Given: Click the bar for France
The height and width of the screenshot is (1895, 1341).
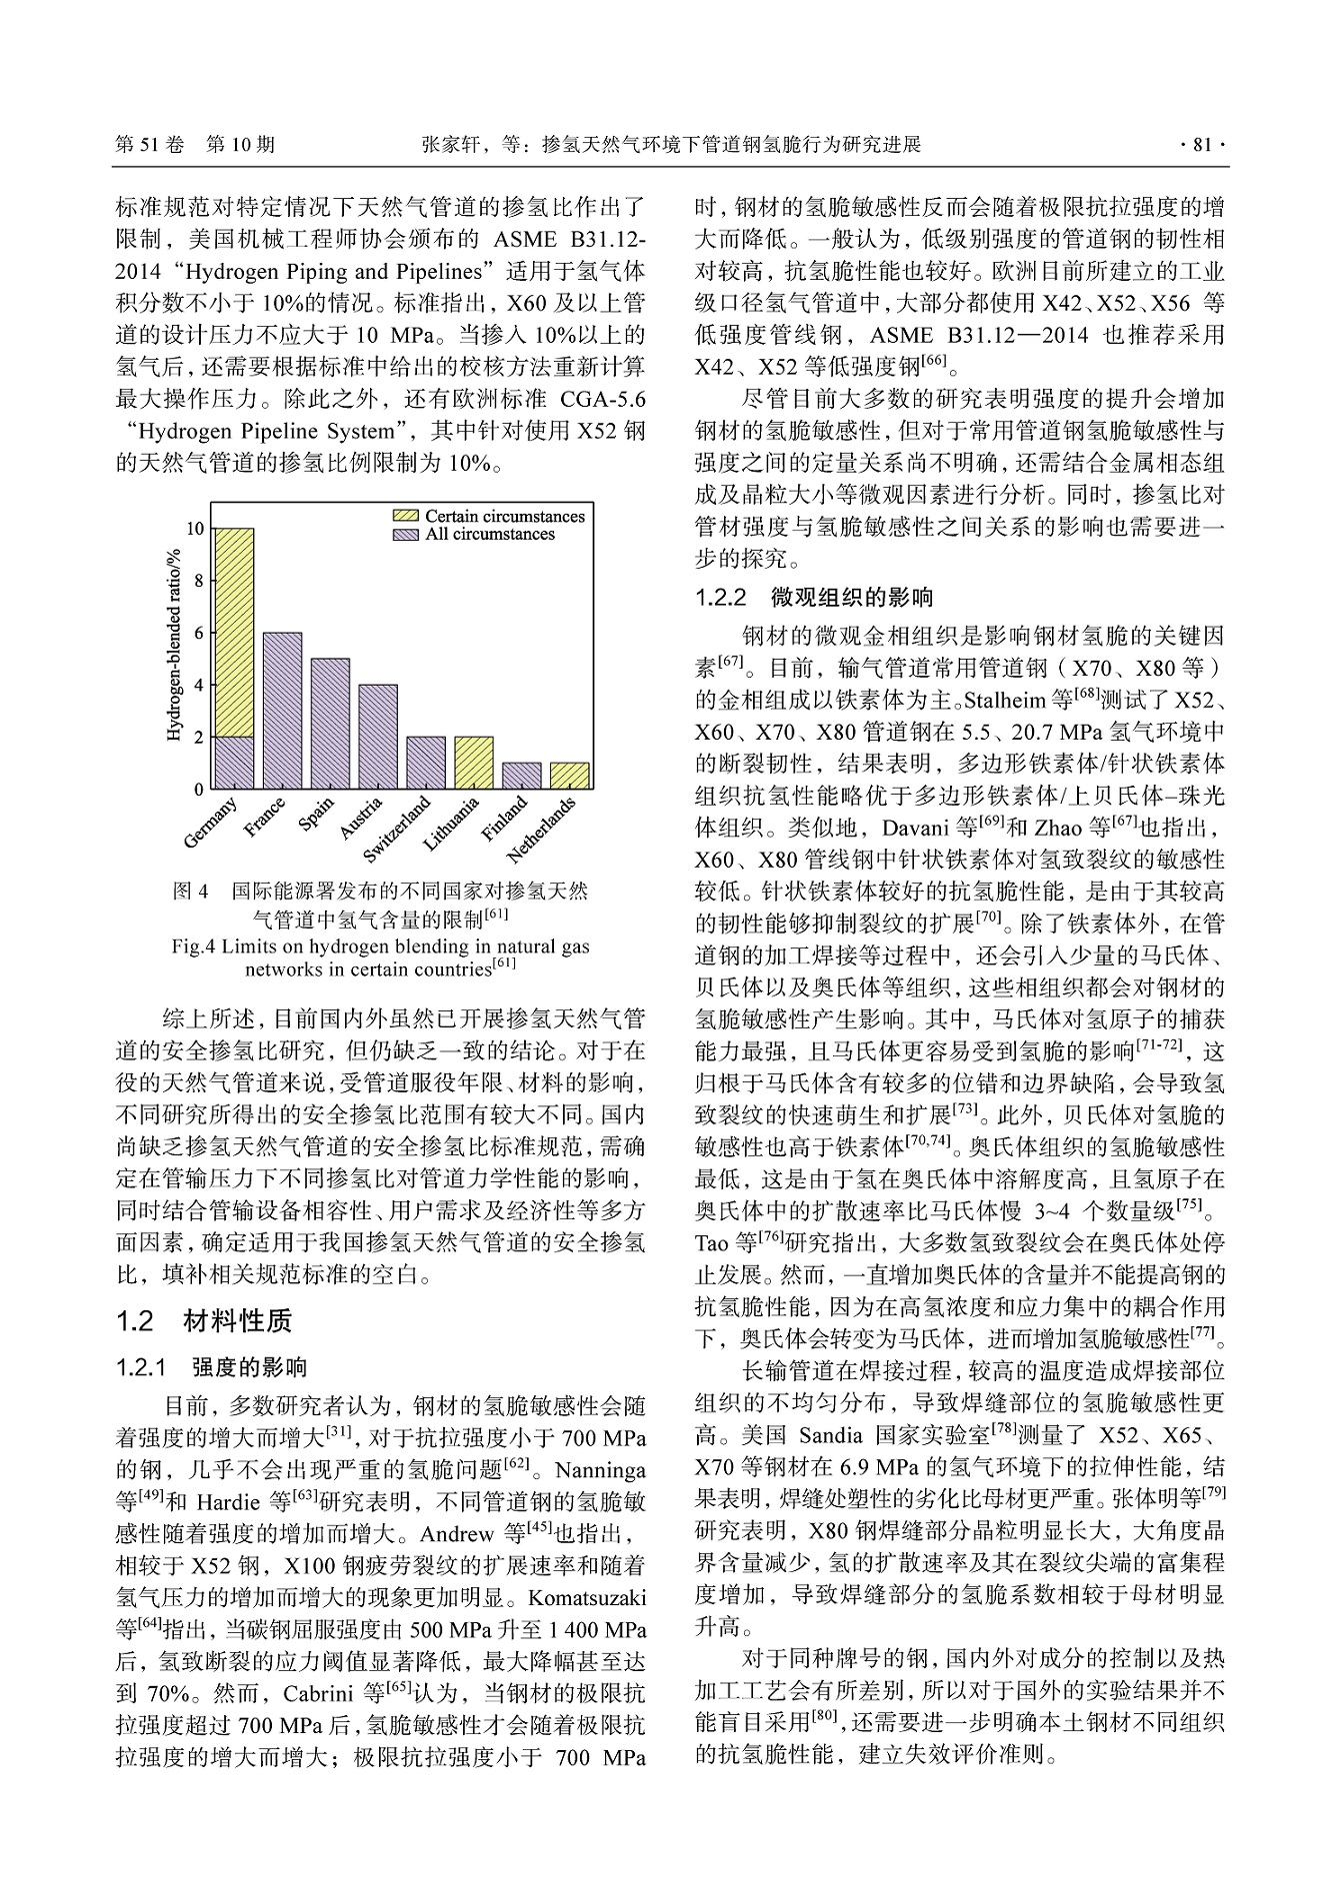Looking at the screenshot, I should click(x=282, y=710).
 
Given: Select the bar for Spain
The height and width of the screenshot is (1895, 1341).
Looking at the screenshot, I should click(x=330, y=723).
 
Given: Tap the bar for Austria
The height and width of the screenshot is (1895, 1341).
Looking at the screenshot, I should click(x=378, y=736).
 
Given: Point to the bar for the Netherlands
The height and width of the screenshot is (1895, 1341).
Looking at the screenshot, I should click(x=570, y=776).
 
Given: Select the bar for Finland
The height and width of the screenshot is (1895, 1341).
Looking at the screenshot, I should click(x=522, y=776).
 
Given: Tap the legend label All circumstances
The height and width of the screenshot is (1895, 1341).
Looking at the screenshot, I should click(x=490, y=534).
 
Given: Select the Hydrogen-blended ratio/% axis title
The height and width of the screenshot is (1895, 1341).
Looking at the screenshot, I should click(x=173, y=645).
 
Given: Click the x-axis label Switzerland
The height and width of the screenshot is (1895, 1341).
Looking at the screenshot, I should click(x=398, y=829).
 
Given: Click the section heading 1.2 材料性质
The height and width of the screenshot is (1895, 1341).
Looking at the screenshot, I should click(x=205, y=1321).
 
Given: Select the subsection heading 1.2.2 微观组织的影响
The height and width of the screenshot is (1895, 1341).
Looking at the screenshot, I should click(x=814, y=598).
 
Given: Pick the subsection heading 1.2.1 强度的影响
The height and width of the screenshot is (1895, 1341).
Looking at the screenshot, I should click(x=212, y=1366).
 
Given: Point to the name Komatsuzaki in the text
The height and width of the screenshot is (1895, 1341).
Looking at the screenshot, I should click(x=586, y=1597).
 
